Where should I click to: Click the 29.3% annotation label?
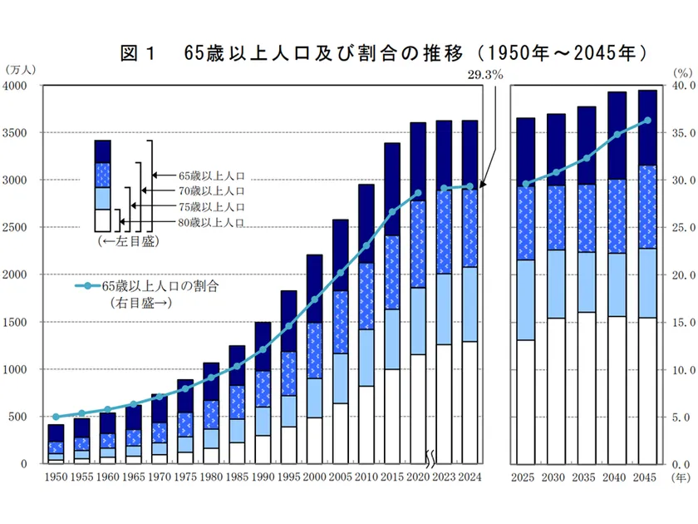[x=485, y=75]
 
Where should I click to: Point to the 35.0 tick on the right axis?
[x=681, y=133]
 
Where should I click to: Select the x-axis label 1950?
[x=56, y=477]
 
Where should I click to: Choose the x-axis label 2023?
[x=445, y=477]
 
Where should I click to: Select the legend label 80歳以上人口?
[x=211, y=222]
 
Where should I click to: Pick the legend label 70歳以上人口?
[x=211, y=191]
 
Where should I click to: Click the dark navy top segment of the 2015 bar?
[x=392, y=190]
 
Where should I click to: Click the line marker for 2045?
[x=647, y=120]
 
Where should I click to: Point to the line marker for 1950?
[x=56, y=417]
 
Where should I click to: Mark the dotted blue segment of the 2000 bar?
[x=314, y=349]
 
